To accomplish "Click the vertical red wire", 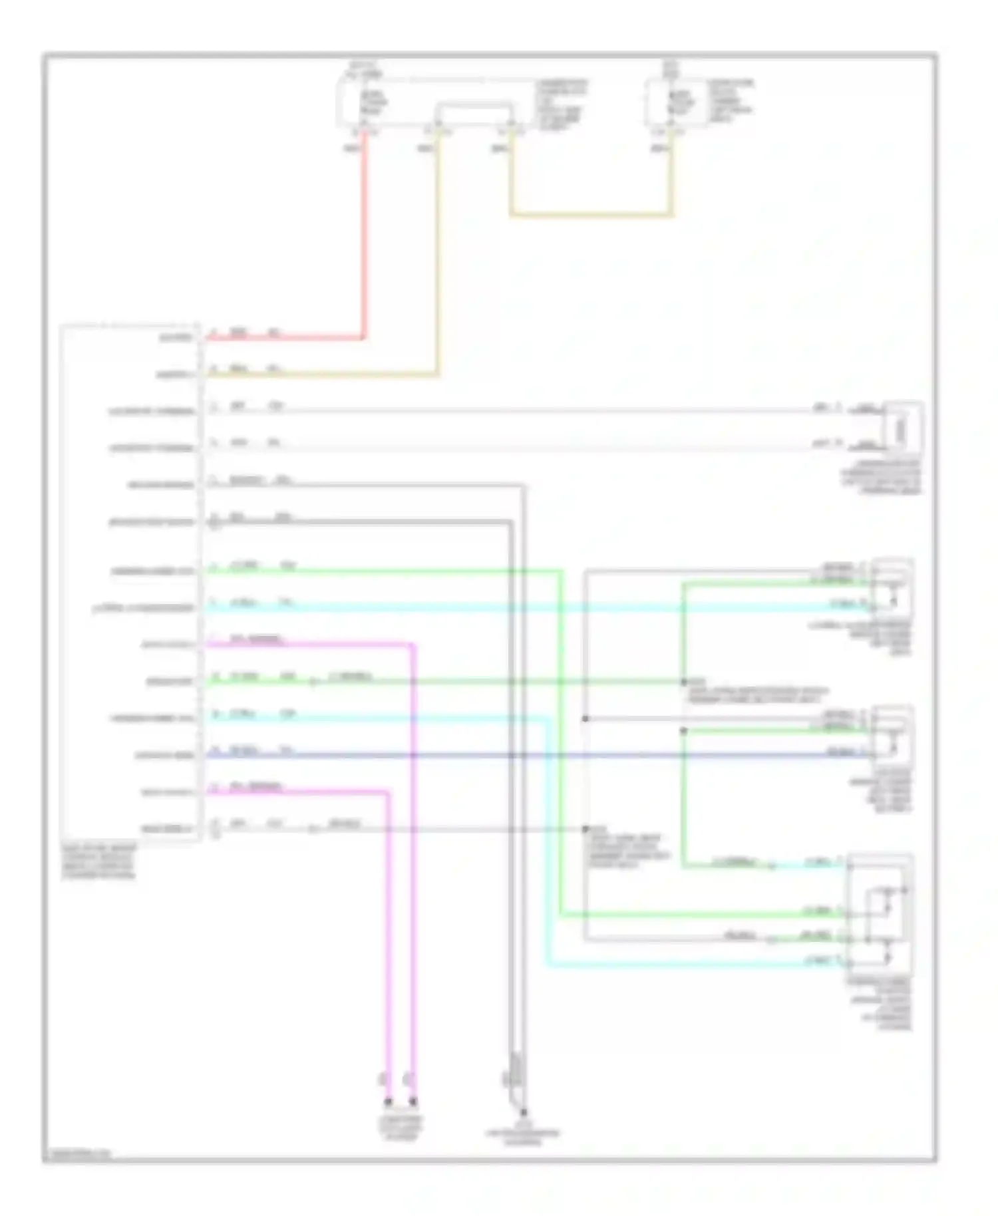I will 365,233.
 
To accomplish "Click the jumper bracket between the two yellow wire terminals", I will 474,106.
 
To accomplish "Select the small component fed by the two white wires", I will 903,428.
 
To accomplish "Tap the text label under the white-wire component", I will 881,478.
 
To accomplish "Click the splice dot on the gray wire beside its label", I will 585,829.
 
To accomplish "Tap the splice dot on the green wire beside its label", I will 683,682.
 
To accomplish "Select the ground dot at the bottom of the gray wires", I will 524,1112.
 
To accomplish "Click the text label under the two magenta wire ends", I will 401,1129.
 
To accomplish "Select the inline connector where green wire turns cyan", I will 771,865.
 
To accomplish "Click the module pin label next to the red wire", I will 175,338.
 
